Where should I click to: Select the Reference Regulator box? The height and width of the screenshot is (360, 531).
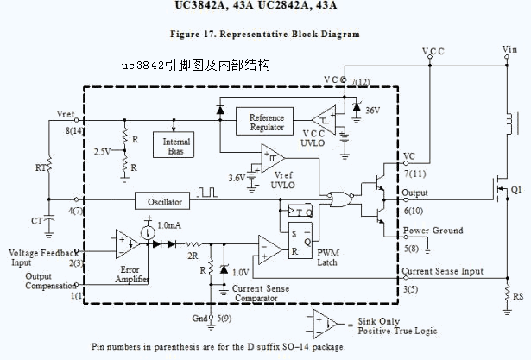click(x=266, y=123)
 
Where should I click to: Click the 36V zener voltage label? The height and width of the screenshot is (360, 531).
click(x=374, y=111)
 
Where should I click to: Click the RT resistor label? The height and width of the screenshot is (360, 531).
click(x=41, y=166)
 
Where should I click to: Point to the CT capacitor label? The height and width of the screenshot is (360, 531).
click(x=36, y=221)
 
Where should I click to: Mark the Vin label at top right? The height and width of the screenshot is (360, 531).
click(x=511, y=49)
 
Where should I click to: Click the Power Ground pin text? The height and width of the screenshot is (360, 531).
click(x=433, y=231)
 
